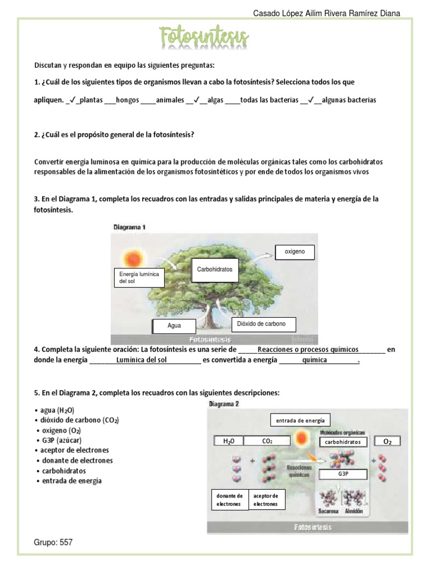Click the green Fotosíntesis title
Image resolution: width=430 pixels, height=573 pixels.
click(x=204, y=37)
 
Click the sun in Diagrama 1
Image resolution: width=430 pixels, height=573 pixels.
click(x=133, y=259)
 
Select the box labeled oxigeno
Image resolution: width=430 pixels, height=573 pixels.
click(x=295, y=252)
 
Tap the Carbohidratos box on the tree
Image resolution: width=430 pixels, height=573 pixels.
click(x=214, y=270)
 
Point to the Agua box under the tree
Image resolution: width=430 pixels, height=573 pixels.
click(x=174, y=326)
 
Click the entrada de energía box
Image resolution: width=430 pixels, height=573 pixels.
click(x=300, y=420)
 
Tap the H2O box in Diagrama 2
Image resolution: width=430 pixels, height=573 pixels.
click(x=228, y=441)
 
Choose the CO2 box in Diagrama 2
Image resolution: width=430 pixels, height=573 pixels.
click(x=267, y=441)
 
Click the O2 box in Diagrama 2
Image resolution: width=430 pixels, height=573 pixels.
click(x=387, y=442)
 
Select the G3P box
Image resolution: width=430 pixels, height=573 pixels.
click(x=343, y=474)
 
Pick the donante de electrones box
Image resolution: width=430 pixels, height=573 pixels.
click(x=229, y=500)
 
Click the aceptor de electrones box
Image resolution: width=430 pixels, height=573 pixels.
click(x=266, y=500)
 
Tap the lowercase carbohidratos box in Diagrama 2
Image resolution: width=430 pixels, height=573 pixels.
click(x=344, y=442)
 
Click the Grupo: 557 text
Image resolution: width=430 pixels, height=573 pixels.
click(x=54, y=542)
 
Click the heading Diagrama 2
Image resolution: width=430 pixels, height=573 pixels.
click(x=224, y=403)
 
